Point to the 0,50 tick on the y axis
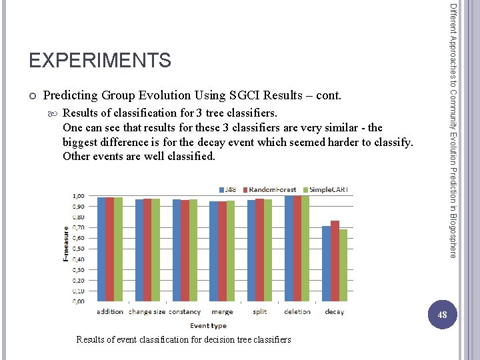click(x=79, y=249)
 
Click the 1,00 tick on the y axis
click(x=79, y=196)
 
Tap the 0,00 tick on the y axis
click(x=79, y=301)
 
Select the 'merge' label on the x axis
click(x=222, y=311)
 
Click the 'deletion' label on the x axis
click(x=297, y=311)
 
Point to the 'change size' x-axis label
click(x=147, y=311)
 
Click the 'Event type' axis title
click(x=208, y=325)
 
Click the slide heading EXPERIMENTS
click(x=100, y=61)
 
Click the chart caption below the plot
click(x=183, y=339)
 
